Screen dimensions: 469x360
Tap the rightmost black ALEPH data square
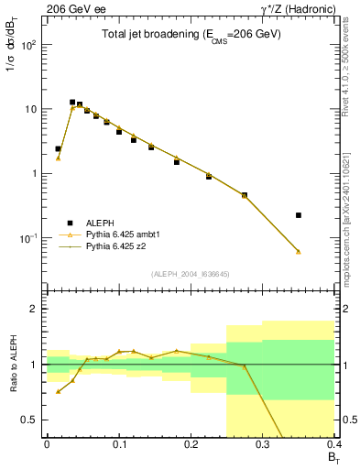click(299, 215)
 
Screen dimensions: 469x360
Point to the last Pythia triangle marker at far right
click(299, 252)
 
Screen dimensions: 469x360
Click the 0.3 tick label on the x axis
click(263, 444)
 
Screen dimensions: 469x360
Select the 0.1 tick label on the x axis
click(118, 444)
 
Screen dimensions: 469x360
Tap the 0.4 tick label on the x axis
click(334, 444)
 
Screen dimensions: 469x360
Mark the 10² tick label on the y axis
click(31, 44)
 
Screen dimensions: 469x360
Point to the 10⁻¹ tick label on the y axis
click(30, 238)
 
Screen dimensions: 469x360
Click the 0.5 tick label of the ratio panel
click(30, 420)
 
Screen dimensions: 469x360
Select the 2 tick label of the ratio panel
click(35, 309)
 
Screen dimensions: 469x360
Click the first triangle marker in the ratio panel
click(59, 392)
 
